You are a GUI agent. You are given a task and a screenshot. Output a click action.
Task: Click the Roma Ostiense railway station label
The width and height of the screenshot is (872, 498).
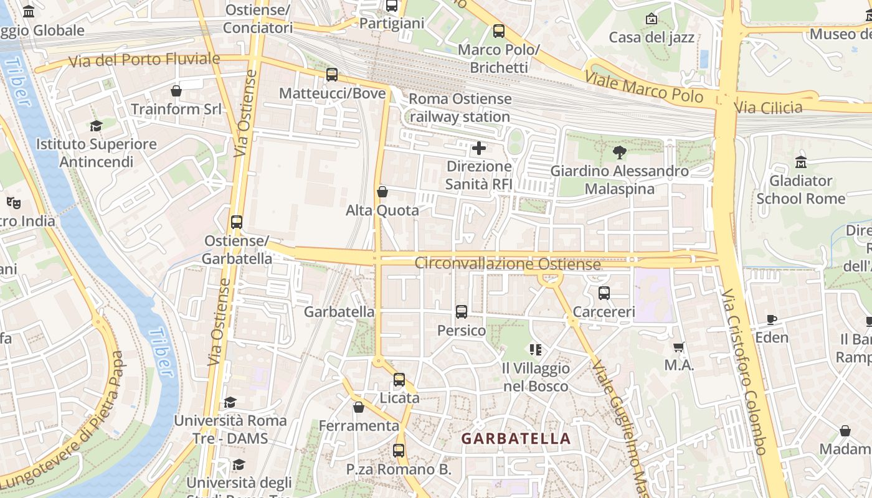tap(460, 108)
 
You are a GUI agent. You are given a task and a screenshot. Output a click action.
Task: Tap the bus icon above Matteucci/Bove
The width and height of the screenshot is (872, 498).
tap(332, 75)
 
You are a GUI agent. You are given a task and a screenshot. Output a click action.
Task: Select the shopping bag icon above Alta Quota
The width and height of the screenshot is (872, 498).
tap(382, 192)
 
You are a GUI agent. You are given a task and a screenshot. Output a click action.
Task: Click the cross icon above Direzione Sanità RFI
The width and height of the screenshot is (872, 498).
tap(479, 148)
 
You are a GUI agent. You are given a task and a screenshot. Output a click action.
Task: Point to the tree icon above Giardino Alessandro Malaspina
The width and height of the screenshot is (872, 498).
tap(619, 152)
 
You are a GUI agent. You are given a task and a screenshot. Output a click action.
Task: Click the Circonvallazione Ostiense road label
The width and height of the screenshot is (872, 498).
tap(508, 264)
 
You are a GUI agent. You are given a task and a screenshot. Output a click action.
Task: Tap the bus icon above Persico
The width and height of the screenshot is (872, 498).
tap(461, 312)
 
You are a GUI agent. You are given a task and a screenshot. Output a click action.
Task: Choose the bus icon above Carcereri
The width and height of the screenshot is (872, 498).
tap(604, 293)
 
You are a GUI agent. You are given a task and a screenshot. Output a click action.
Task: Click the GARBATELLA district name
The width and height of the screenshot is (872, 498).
tap(516, 438)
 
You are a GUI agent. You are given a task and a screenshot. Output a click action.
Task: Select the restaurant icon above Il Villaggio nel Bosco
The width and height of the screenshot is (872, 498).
tap(535, 350)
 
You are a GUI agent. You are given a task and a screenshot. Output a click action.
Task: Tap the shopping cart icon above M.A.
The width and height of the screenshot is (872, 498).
tap(679, 347)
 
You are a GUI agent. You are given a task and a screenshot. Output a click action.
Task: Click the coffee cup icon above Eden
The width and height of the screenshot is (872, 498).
tap(772, 319)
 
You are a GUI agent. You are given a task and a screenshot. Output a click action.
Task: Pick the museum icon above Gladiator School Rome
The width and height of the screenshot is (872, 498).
tap(800, 162)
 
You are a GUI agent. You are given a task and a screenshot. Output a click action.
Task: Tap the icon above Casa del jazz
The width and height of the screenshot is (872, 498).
tap(652, 19)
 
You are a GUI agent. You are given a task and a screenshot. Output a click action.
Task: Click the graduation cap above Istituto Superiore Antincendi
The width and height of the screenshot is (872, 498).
tap(96, 126)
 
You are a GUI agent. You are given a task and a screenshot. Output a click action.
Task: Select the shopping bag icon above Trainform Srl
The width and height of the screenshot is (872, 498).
tap(176, 91)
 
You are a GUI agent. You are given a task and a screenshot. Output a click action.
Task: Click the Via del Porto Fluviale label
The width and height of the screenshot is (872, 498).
tap(144, 60)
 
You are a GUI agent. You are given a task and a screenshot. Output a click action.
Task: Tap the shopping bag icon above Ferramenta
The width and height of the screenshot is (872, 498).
tap(358, 408)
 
